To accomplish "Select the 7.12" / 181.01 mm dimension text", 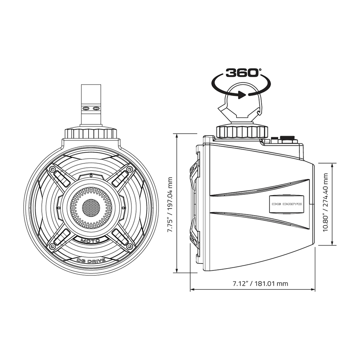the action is (x=260, y=284).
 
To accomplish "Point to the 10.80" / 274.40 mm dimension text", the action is (x=325, y=202).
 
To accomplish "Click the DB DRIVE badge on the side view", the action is (x=287, y=204).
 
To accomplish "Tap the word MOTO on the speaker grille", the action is (x=90, y=240).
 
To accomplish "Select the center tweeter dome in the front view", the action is (x=91, y=208).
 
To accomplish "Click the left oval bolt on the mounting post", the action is (x=86, y=108).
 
